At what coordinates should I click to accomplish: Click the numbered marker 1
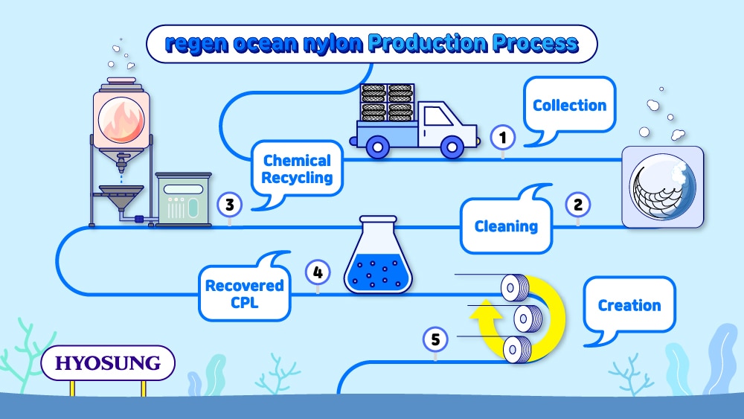(503, 138)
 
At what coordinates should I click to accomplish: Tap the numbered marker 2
(578, 205)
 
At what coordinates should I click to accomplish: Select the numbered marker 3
(230, 205)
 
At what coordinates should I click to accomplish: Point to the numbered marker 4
(318, 273)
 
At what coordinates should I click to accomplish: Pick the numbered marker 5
(435, 340)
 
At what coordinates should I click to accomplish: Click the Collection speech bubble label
(569, 105)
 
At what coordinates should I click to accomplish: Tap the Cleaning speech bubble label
(506, 226)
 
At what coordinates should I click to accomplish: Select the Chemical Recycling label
(297, 169)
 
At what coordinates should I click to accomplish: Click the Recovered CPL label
(244, 294)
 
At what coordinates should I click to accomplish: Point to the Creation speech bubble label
(629, 305)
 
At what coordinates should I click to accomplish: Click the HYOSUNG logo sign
(108, 363)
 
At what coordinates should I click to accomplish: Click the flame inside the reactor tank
(121, 121)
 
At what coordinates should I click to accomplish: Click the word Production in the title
(428, 43)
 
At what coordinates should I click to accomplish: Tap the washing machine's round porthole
(662, 187)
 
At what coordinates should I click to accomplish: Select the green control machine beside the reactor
(183, 199)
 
